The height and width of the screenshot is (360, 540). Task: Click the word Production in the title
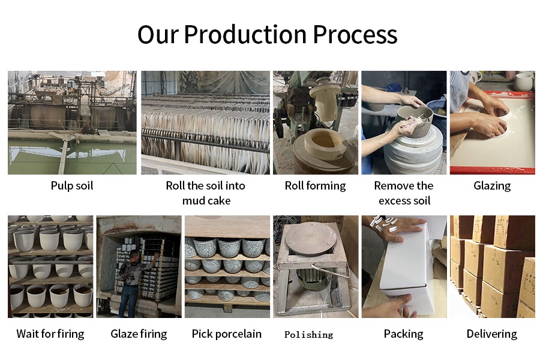245,34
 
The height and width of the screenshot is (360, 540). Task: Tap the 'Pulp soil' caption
72,185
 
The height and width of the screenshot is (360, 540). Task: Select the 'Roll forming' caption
315,185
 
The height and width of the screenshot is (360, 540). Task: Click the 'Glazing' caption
492,185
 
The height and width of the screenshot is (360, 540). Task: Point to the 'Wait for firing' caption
50,334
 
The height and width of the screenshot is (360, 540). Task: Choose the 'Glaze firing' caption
139,334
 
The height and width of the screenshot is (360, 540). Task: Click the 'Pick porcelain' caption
227,334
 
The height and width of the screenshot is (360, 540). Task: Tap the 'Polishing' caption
309,335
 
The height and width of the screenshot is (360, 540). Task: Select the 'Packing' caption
404,334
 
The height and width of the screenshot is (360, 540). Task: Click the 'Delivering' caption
492,334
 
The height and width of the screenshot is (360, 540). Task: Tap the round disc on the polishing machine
311,238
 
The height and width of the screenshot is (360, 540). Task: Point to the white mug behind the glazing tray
523,82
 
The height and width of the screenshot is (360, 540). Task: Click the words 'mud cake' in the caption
206,200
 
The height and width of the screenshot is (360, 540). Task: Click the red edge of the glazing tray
493,170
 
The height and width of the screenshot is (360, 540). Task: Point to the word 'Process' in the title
355,34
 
